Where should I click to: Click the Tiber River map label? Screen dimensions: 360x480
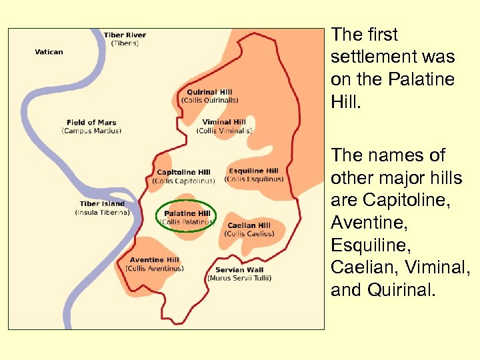pyautogui.click(x=125, y=35)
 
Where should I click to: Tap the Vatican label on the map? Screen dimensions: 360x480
pyautogui.click(x=49, y=51)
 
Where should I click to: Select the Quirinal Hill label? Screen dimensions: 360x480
pyautogui.click(x=209, y=93)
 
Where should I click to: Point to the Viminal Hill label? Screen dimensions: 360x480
pyautogui.click(x=224, y=123)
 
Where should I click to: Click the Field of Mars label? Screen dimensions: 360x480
pyautogui.click(x=91, y=123)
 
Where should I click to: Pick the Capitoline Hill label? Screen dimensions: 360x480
pyautogui.click(x=183, y=173)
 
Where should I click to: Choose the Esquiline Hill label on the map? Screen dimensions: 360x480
pyautogui.click(x=253, y=171)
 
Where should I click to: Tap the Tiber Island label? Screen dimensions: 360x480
pyautogui.click(x=102, y=204)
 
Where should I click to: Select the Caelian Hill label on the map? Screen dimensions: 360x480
pyautogui.click(x=249, y=226)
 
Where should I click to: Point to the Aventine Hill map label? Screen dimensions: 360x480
pyautogui.click(x=154, y=260)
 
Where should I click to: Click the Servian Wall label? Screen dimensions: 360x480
pyautogui.click(x=239, y=270)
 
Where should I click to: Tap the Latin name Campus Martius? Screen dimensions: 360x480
pyautogui.click(x=91, y=131)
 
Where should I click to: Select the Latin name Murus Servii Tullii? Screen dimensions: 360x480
pyautogui.click(x=239, y=278)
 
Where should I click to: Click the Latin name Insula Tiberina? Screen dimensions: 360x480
pyautogui.click(x=102, y=213)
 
